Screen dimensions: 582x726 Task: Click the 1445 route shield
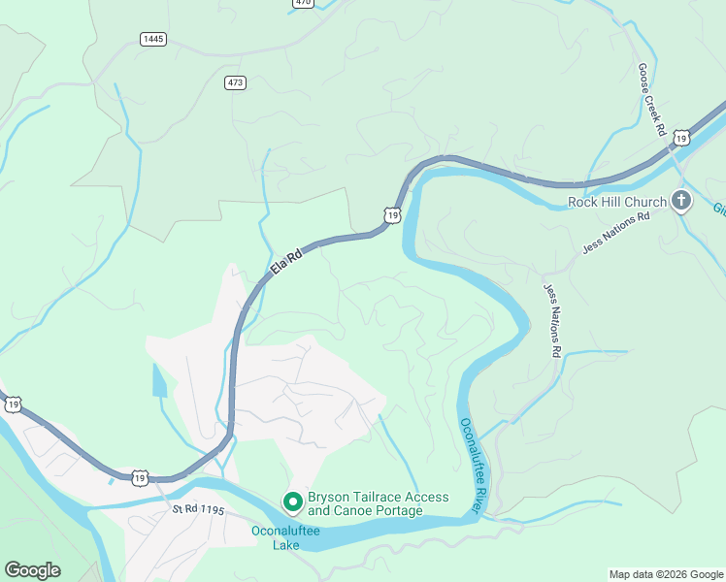(x=152, y=39)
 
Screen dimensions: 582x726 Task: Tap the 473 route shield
(x=235, y=82)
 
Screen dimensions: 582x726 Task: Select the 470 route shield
(x=304, y=3)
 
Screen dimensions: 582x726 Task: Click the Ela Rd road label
(x=286, y=262)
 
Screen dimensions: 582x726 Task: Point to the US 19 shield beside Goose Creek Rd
(x=682, y=139)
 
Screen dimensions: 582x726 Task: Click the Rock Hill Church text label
(x=616, y=203)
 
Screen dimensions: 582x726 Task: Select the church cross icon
(x=681, y=202)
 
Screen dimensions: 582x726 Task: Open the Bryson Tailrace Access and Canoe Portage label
(x=378, y=503)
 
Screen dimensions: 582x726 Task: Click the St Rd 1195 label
(x=199, y=509)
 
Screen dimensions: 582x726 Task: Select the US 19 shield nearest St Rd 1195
(x=141, y=477)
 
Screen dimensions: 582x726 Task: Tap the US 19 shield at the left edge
(x=10, y=404)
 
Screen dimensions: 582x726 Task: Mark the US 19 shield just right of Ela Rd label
(x=391, y=214)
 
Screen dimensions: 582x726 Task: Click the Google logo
(x=32, y=570)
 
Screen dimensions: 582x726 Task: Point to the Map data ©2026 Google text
(x=666, y=574)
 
